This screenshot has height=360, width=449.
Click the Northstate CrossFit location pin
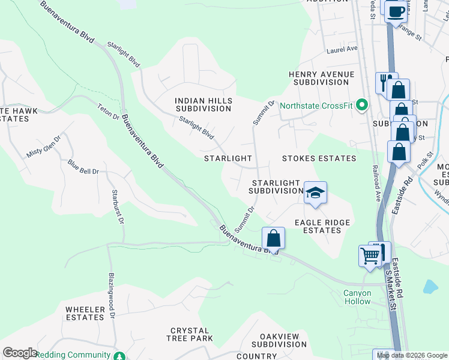(x=361, y=105)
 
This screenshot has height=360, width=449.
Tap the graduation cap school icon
(x=315, y=193)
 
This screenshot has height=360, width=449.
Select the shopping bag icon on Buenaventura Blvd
(x=273, y=239)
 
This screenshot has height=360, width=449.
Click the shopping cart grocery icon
(x=370, y=255)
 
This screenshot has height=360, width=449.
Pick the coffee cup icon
(x=395, y=11)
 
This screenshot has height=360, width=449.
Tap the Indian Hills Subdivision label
(x=203, y=105)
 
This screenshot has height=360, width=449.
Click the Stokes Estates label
(x=319, y=158)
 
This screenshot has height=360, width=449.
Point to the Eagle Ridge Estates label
(x=322, y=226)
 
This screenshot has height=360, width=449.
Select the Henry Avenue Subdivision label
(x=321, y=78)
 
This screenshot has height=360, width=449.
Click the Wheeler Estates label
(x=86, y=313)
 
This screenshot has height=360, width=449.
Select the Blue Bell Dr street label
(x=83, y=167)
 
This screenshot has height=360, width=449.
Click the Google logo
(x=19, y=352)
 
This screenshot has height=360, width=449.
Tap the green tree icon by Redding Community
(x=121, y=355)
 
